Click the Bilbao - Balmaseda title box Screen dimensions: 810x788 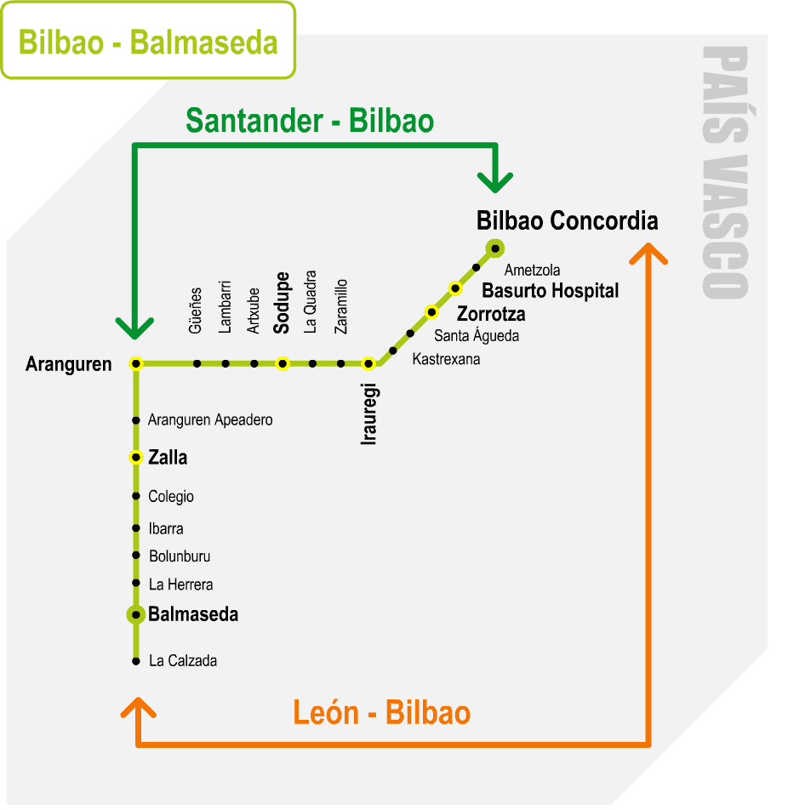tap(148, 41)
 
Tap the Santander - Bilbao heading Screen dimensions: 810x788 tap(310, 121)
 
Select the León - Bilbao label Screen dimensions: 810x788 tap(381, 712)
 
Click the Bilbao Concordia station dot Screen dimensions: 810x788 tap(494, 248)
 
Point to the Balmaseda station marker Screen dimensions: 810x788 tap(135, 613)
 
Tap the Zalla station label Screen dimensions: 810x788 tap(168, 458)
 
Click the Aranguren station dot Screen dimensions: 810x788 tap(135, 363)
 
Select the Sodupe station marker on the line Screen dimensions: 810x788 tap(283, 363)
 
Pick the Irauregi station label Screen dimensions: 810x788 tap(368, 414)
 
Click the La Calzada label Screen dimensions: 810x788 tap(183, 660)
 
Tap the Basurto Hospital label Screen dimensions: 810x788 tap(550, 291)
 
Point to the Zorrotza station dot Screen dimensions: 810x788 tap(431, 311)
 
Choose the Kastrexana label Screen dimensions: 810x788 tap(446, 359)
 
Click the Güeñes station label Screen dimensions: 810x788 tap(195, 310)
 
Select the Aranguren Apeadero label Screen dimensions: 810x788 tap(210, 420)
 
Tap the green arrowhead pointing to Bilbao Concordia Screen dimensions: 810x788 tap(495, 181)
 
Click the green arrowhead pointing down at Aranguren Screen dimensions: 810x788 tap(134, 327)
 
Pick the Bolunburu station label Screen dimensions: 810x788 tap(180, 556)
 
